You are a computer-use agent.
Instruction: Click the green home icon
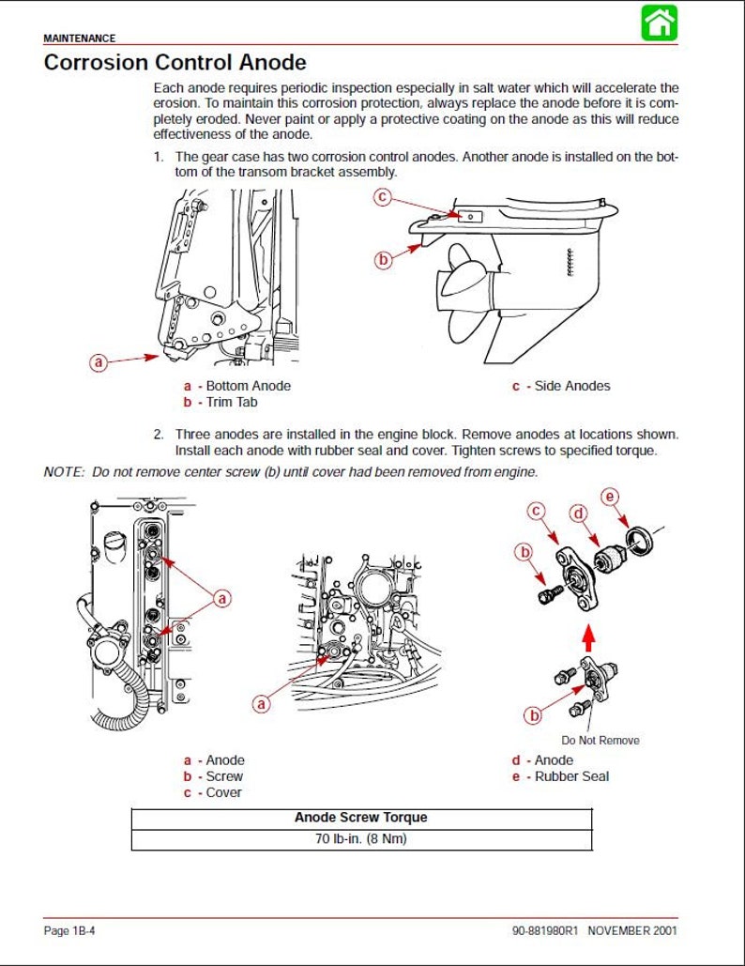660,23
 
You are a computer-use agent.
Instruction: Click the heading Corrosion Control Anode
175,62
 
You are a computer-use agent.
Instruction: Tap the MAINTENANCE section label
80,38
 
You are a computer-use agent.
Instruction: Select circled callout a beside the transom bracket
99,362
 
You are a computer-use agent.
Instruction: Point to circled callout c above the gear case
383,196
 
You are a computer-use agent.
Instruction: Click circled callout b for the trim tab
383,259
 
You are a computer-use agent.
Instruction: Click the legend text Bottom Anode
248,386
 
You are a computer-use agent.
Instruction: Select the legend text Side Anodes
572,386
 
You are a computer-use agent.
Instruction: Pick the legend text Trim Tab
232,403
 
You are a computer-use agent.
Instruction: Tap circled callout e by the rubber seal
610,497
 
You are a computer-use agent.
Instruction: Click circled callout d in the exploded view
579,514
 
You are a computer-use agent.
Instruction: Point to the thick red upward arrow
588,637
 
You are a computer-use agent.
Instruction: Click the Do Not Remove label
601,741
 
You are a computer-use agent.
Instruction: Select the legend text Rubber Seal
572,776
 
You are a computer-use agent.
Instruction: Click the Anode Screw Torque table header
361,818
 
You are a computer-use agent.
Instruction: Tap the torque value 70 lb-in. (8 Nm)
361,839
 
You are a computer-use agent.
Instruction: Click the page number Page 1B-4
68,930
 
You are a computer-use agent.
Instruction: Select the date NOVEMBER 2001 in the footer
632,930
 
